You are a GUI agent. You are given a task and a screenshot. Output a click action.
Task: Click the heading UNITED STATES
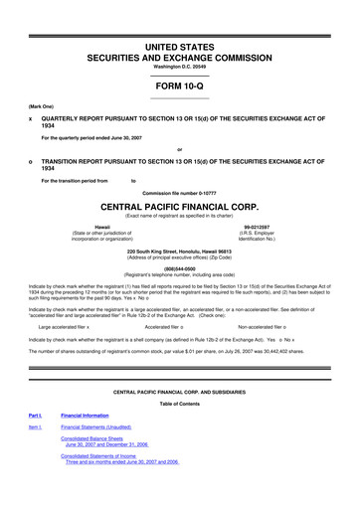tap(179, 47)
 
